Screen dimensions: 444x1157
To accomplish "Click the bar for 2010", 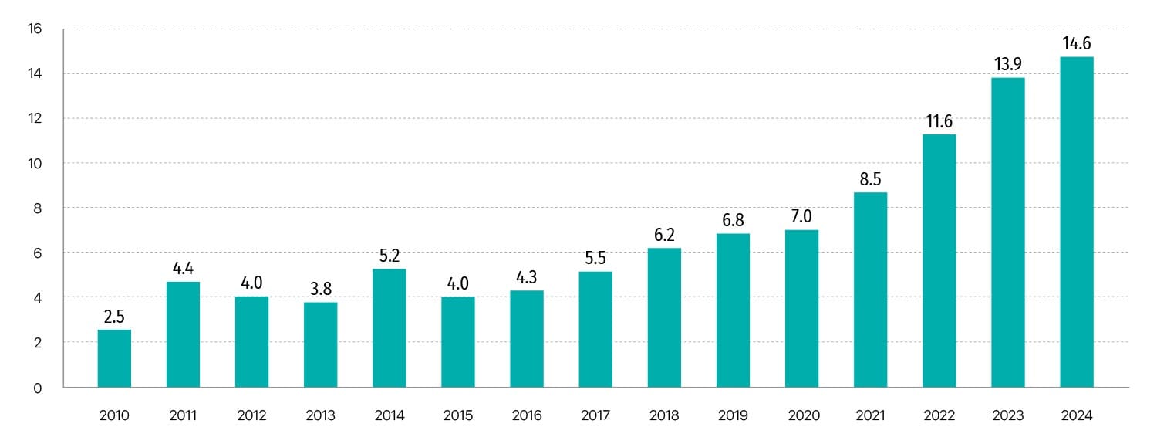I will click(114, 358).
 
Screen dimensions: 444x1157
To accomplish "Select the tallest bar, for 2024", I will click(1077, 222).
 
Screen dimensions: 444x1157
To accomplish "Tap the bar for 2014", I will click(390, 327).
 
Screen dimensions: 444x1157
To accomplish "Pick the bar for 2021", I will click(870, 290).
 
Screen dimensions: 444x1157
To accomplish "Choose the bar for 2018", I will click(664, 317).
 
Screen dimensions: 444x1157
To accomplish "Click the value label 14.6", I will click(1077, 43).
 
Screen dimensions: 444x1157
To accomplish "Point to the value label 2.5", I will click(114, 316).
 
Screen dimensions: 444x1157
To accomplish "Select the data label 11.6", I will click(939, 121).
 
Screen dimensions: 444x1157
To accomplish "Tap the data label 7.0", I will click(801, 216).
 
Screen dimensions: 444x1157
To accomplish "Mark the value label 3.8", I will click(320, 288).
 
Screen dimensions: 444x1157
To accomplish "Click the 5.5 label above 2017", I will click(595, 258).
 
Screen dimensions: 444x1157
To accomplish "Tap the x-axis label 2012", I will click(251, 415).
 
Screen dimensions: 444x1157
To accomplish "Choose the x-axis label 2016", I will click(527, 415).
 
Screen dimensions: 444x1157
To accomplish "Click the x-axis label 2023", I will click(1008, 415).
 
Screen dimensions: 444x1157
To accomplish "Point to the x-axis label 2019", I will click(733, 415).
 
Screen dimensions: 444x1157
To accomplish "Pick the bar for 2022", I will click(939, 260).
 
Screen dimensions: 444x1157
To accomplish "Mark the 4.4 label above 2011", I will click(183, 268).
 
